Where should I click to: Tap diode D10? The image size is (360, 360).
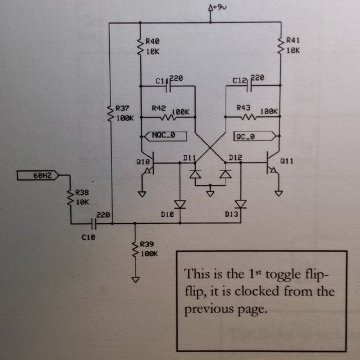pos(179,204)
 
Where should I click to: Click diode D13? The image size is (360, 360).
pos(241,204)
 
